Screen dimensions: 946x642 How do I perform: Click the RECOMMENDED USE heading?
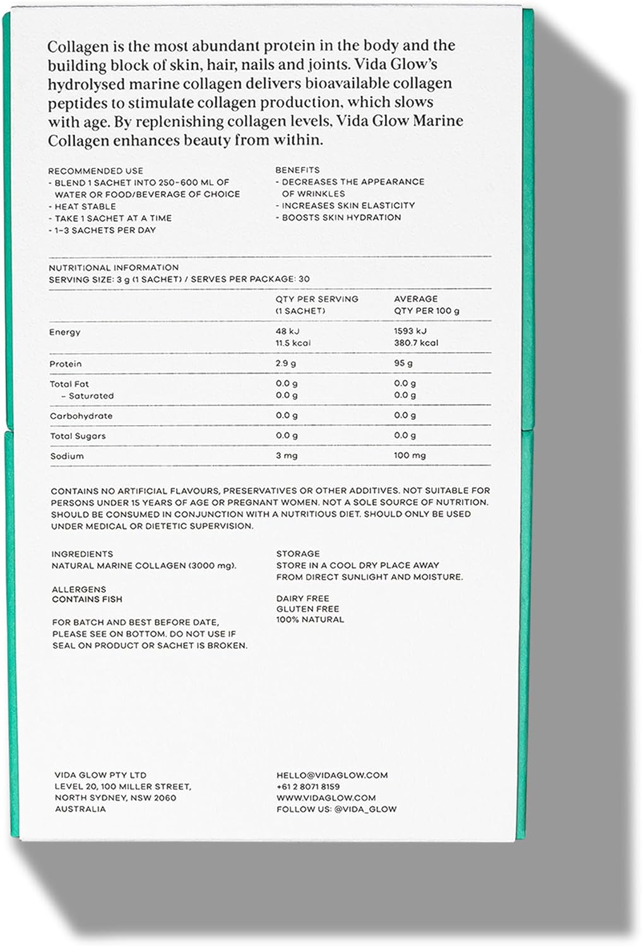95,171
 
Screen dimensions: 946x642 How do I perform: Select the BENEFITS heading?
297,170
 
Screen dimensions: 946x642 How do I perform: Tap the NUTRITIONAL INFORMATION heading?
114,267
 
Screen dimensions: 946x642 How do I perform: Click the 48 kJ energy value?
288,331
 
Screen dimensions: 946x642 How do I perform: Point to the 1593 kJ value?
410,331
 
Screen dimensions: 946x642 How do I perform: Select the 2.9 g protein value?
286,364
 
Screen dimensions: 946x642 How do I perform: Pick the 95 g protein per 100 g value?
403,364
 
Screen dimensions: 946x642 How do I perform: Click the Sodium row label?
66,456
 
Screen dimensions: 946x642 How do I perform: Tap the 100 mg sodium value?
410,455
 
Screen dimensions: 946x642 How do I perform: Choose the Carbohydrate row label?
81,416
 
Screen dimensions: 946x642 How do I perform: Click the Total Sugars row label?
78,436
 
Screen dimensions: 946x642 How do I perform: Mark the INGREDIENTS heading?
82,554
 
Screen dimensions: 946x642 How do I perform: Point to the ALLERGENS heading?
79,589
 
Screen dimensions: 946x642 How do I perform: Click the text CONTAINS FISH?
87,599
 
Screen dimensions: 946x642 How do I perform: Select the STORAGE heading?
298,554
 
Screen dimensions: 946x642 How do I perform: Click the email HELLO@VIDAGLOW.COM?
332,775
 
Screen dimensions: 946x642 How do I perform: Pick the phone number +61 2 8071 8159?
308,786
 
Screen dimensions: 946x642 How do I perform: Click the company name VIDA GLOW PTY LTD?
100,775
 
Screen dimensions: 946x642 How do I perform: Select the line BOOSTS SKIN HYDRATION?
341,218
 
